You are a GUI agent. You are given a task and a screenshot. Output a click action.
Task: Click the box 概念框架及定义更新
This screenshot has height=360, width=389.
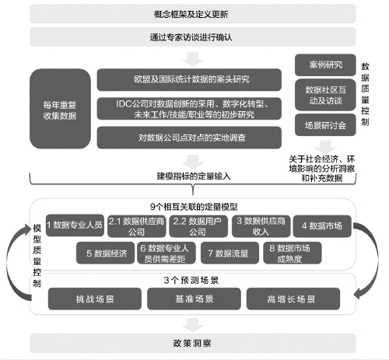[193, 14]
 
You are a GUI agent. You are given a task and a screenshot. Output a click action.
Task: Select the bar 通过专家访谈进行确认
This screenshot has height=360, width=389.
[193, 37]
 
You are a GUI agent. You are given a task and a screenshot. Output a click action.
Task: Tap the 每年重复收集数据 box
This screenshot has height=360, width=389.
[60, 109]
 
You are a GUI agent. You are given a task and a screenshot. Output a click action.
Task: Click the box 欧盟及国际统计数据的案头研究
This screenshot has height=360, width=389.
[189, 79]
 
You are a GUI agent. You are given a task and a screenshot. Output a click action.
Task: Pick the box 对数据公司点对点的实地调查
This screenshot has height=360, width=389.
[189, 138]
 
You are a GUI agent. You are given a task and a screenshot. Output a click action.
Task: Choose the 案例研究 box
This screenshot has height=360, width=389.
[325, 65]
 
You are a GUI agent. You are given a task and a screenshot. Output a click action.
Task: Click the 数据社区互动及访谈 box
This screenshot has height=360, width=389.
[325, 95]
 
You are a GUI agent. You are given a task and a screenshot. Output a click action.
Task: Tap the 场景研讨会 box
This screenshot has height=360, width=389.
[325, 125]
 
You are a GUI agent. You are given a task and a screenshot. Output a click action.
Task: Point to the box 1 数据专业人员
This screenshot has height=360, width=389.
[75, 225]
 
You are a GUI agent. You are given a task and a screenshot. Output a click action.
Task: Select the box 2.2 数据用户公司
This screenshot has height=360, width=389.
[198, 226]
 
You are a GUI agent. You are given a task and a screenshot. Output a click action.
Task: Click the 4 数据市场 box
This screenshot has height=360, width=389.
[322, 226]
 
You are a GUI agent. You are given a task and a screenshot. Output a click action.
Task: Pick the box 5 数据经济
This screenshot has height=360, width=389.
[106, 253]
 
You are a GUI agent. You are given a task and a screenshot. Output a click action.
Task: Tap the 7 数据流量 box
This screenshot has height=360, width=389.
[230, 253]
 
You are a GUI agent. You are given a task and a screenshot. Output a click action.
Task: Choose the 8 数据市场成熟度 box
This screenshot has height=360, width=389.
[293, 253]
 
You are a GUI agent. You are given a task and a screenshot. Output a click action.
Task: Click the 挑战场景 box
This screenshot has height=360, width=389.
[95, 299]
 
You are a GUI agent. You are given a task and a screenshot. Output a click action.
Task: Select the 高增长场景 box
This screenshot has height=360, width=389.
[293, 299]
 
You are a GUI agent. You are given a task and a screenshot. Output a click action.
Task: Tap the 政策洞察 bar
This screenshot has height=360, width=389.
[193, 344]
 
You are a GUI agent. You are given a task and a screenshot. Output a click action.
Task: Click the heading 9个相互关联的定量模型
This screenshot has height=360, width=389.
[194, 207]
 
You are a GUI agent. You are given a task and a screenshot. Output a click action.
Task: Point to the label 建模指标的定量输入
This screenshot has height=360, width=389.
[194, 177]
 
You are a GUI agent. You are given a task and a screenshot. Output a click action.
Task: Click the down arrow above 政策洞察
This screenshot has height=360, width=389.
[193, 325]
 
